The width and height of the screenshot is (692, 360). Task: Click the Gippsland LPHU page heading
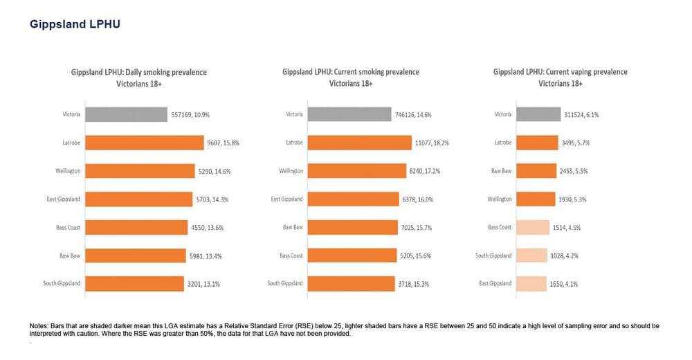(x=75, y=24)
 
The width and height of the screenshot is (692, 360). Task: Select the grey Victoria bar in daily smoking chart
(x=127, y=114)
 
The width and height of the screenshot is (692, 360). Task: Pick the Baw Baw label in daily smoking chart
(x=70, y=255)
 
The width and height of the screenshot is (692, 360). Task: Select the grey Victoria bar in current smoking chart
(x=349, y=114)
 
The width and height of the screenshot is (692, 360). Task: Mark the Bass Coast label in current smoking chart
(x=291, y=255)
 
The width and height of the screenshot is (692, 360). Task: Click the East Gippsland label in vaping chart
(x=495, y=284)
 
